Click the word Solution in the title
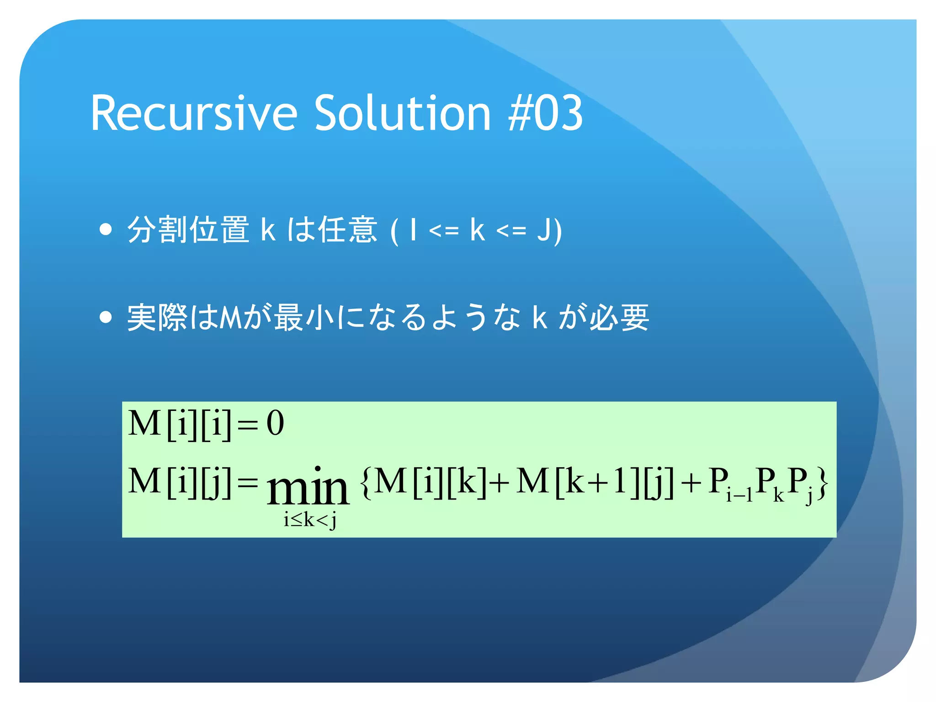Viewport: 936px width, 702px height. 403,113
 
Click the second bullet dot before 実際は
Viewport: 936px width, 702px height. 106,317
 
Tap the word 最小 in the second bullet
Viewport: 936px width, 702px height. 304,317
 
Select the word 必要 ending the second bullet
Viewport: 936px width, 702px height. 619,317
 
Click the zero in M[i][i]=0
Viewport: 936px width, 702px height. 275,423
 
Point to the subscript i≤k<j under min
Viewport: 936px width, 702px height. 310,520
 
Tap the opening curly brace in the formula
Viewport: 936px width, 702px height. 366,482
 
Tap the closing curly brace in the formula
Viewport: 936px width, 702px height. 822,482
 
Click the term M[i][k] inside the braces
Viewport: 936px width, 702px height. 430,482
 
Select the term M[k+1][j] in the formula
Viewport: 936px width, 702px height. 594,482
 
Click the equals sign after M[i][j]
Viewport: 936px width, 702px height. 248,483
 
